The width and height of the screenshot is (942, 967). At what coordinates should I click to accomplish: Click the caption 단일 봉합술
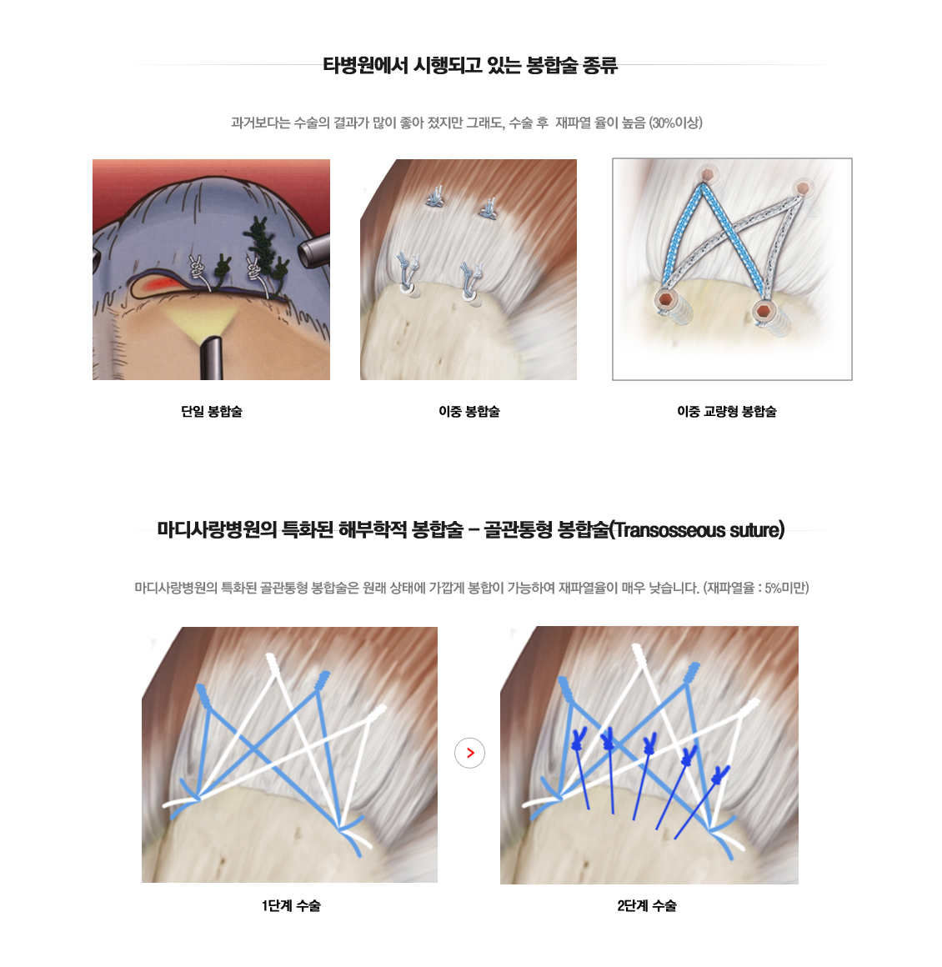pos(212,411)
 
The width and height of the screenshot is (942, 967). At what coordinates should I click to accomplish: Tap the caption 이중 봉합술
pos(468,411)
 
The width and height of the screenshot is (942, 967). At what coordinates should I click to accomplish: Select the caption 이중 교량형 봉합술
pos(727,411)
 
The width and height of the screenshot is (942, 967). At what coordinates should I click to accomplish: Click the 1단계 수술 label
pos(291,905)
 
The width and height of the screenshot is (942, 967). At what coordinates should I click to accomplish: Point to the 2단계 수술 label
pos(647,905)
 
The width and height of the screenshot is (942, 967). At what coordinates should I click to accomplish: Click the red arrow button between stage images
pos(469,753)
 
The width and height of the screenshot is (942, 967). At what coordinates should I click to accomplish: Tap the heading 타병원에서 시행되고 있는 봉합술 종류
pos(470,65)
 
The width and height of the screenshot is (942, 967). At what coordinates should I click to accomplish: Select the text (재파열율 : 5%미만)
pos(756,588)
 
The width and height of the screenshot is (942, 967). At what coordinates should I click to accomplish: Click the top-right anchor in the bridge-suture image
pos(803,187)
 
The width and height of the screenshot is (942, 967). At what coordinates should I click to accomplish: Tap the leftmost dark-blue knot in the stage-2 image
pos(578,739)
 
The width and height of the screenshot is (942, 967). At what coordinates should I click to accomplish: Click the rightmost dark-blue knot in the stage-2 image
pos(719,775)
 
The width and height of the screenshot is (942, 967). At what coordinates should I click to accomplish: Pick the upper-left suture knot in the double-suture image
pos(436,196)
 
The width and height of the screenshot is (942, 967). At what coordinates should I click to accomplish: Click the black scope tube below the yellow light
pos(210,358)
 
